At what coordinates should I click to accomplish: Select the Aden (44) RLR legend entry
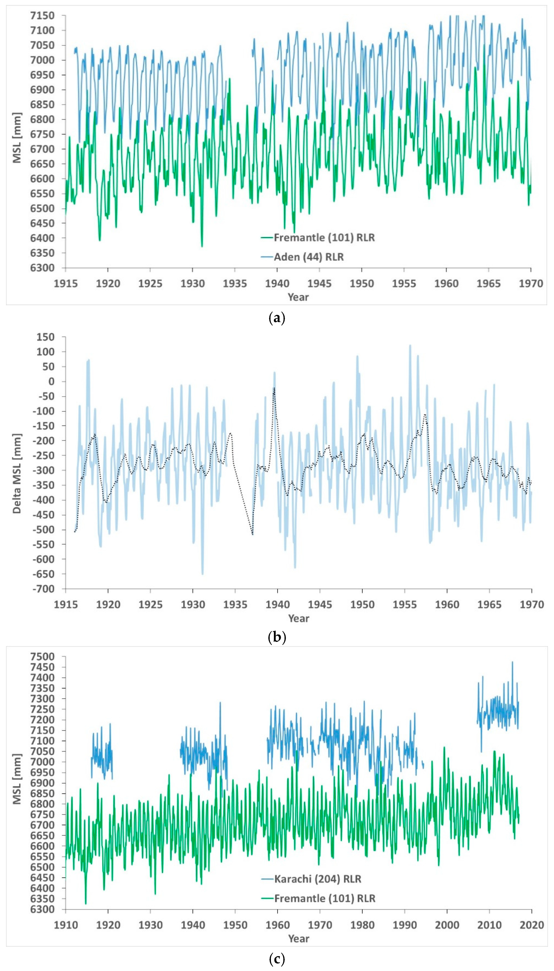tap(308, 257)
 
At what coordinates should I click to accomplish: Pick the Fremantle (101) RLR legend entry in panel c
tap(325, 898)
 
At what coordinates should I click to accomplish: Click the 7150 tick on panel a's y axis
tap(43, 16)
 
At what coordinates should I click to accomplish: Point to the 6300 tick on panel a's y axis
tap(43, 268)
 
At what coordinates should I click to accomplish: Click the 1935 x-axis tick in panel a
tap(235, 284)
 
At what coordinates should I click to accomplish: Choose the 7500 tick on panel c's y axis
tap(43, 657)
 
